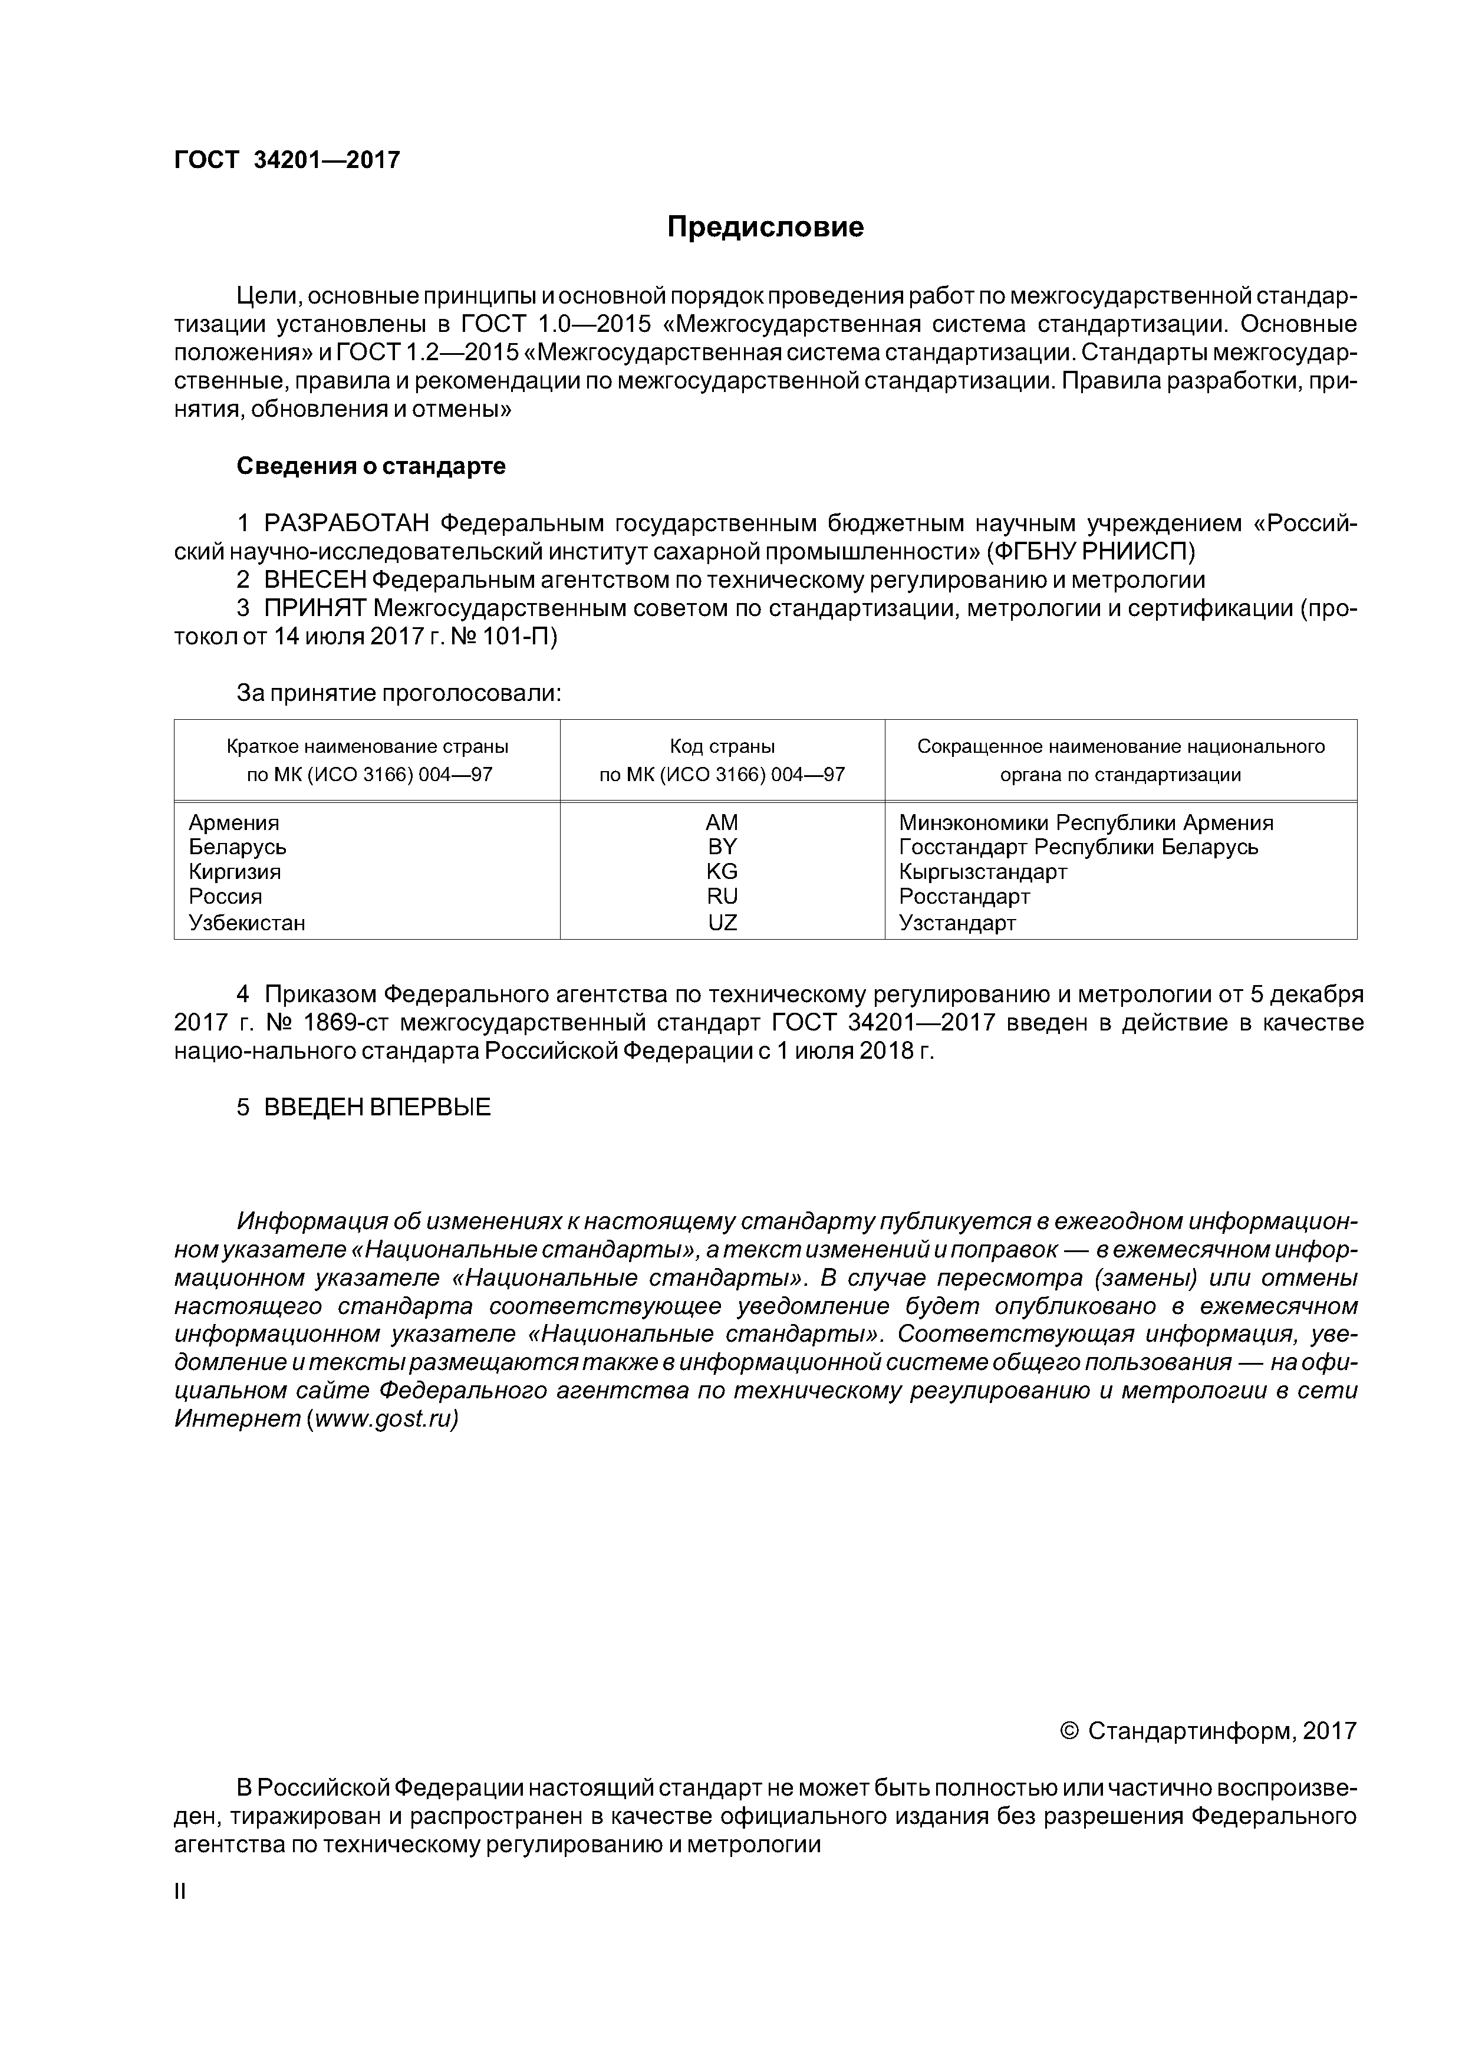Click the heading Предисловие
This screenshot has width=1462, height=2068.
click(765, 227)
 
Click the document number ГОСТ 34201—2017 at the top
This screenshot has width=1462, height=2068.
click(287, 160)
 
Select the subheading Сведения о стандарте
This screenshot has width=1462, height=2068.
click(371, 466)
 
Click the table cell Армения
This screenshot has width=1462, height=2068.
click(234, 822)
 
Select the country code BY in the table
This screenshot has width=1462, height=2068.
click(722, 847)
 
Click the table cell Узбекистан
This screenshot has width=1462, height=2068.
click(247, 923)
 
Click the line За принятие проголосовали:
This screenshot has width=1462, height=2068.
click(399, 693)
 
